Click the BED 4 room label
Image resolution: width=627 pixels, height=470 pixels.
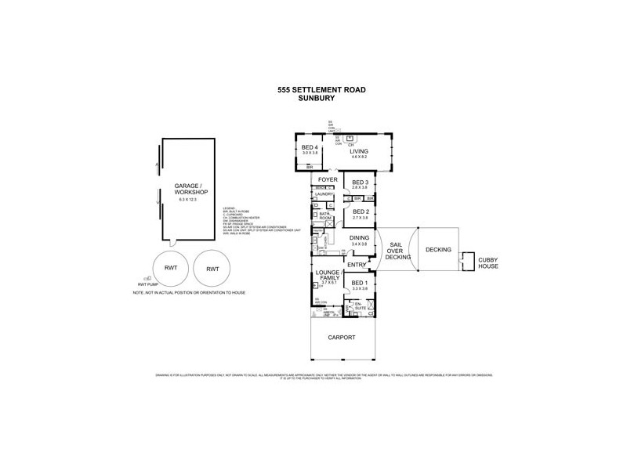(310, 147)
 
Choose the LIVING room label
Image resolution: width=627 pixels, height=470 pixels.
(359, 152)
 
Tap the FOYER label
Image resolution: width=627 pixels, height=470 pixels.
(328, 179)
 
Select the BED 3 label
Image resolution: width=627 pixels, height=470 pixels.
(361, 183)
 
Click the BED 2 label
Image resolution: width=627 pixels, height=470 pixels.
(361, 211)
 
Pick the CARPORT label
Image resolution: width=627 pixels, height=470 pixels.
(342, 337)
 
